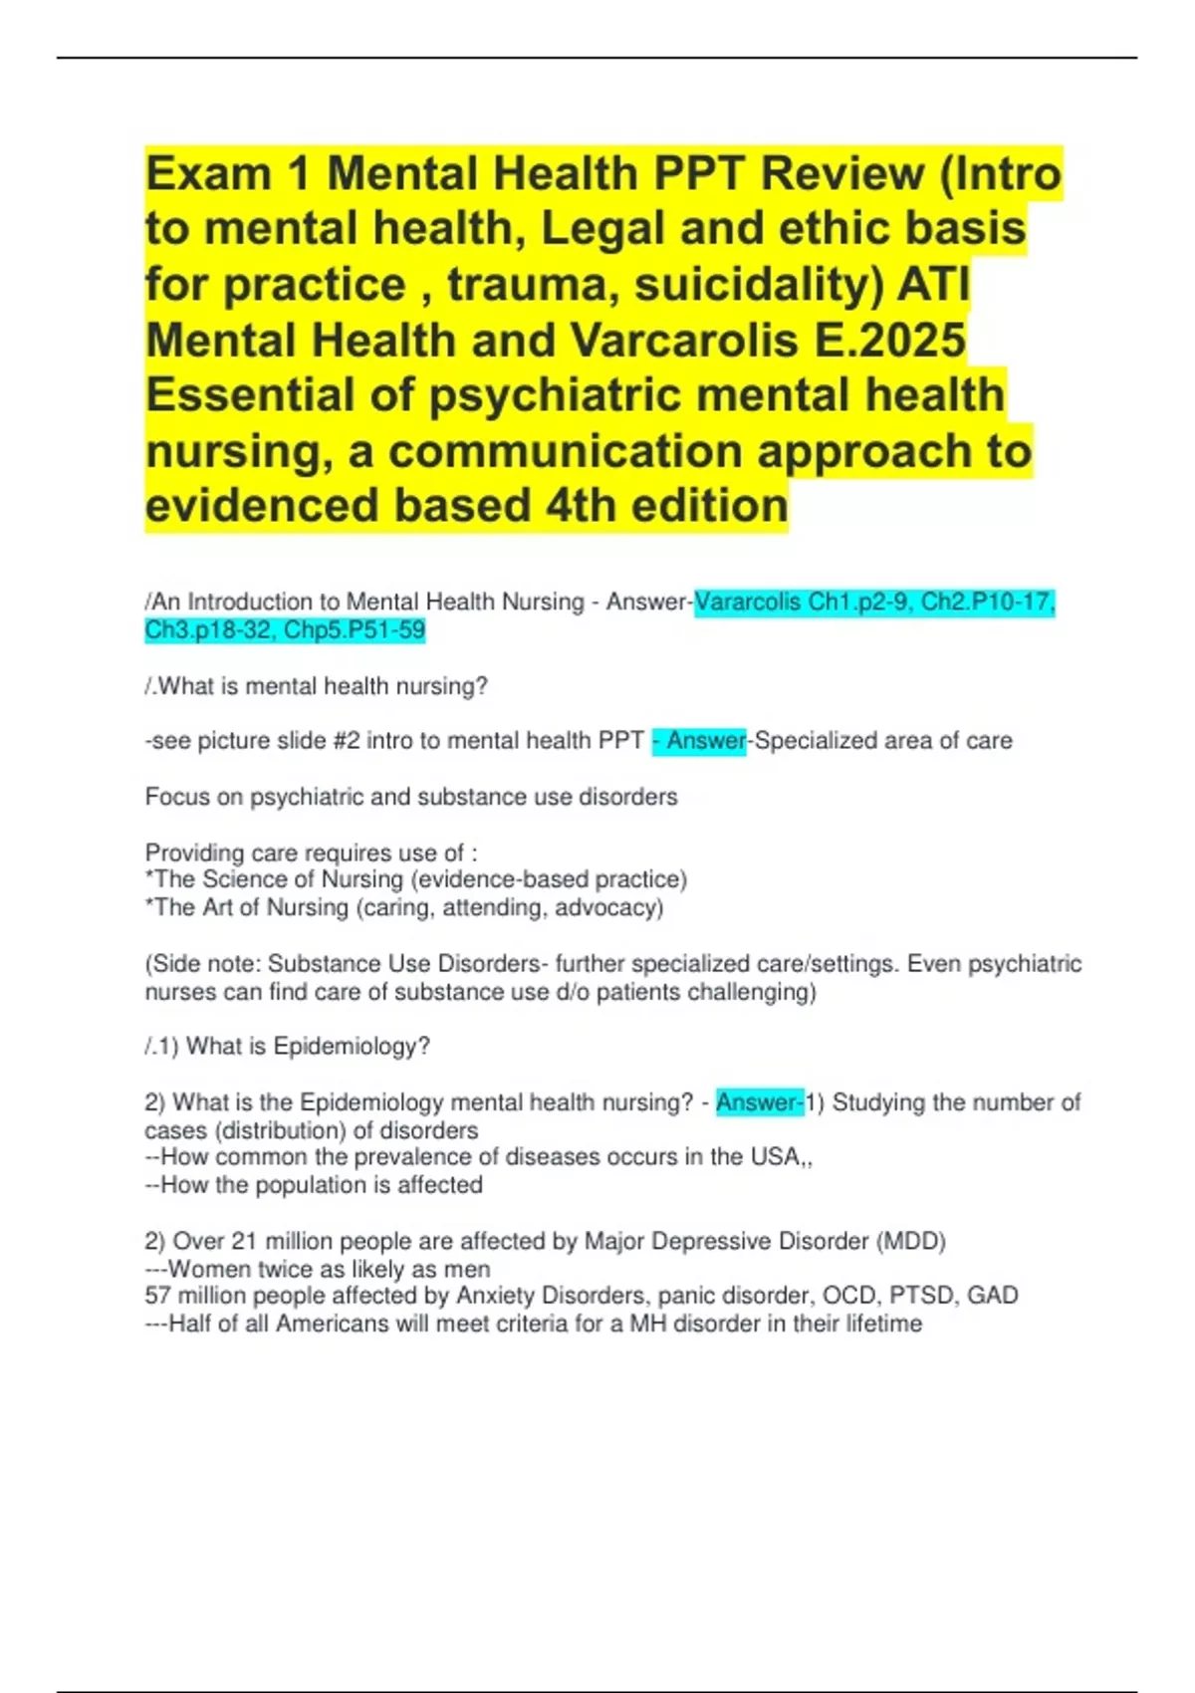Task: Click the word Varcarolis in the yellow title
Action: [x=685, y=341]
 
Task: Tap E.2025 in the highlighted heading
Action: [x=890, y=341]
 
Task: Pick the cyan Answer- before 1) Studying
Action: [x=759, y=1102]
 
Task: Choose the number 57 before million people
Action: [x=158, y=1296]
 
